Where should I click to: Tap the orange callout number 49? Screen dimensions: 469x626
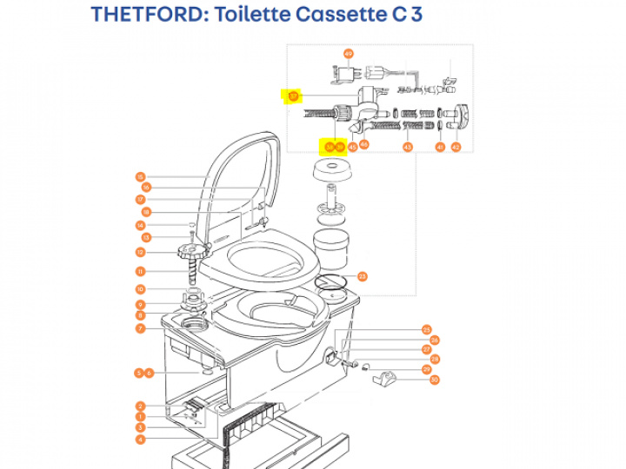click(x=349, y=53)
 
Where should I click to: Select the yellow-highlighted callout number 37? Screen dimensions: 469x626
click(x=294, y=96)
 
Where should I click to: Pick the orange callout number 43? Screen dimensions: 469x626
click(x=407, y=148)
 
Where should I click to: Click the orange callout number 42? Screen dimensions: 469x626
click(x=455, y=148)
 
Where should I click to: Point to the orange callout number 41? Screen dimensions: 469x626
click(x=440, y=148)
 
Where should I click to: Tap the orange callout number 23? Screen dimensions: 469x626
click(x=362, y=276)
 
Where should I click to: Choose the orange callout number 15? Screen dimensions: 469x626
click(x=140, y=177)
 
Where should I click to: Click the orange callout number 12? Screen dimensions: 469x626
click(x=140, y=253)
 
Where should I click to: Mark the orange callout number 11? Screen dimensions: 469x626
click(x=140, y=271)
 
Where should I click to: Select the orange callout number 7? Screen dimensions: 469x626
click(x=140, y=328)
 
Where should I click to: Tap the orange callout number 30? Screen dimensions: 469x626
click(x=435, y=380)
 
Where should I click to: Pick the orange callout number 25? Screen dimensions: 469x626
click(x=427, y=329)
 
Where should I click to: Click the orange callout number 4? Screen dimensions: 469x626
click(x=140, y=439)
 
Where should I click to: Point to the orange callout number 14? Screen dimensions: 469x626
click(x=140, y=226)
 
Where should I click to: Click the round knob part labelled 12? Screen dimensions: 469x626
click(x=193, y=250)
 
